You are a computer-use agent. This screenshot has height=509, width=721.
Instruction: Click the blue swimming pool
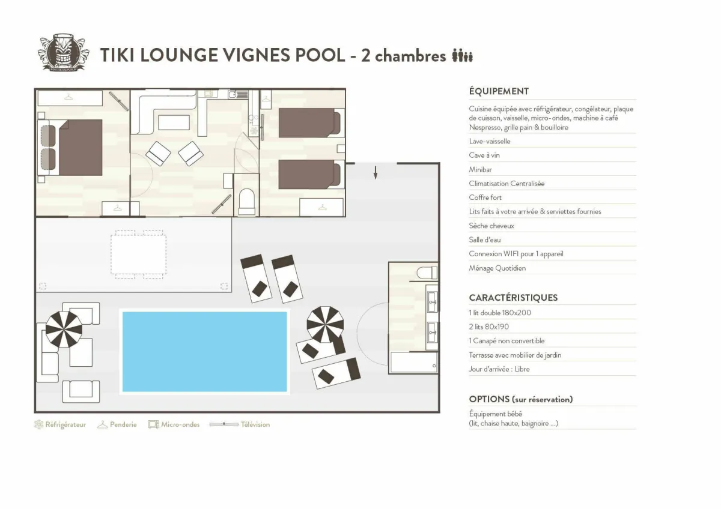pyautogui.click(x=204, y=351)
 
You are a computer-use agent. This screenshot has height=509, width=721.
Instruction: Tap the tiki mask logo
pyautogui.click(x=62, y=53)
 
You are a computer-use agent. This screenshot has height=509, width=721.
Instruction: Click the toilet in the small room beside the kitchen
pyautogui.click(x=247, y=200)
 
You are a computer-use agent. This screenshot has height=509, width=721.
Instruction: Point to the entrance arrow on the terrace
pyautogui.click(x=376, y=172)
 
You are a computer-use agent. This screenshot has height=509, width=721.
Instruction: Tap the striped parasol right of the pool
pyautogui.click(x=325, y=324)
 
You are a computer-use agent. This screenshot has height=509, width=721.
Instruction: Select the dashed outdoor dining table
pyautogui.click(x=139, y=254)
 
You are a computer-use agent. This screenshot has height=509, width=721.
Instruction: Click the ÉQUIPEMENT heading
pyautogui.click(x=499, y=91)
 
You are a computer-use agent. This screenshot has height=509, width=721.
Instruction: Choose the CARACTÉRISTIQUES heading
pyautogui.click(x=513, y=298)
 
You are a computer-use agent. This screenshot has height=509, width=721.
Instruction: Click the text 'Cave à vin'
pyautogui.click(x=484, y=155)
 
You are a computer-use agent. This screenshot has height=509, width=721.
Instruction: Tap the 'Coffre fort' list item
pyautogui.click(x=485, y=197)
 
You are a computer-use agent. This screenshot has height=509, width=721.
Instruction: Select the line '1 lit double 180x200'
pyautogui.click(x=500, y=313)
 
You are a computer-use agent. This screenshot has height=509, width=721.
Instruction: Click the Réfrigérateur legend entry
pyautogui.click(x=60, y=424)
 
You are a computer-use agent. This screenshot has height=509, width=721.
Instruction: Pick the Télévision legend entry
pyautogui.click(x=240, y=424)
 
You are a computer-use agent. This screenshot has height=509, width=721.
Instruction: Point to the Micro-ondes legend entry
pyautogui.click(x=174, y=424)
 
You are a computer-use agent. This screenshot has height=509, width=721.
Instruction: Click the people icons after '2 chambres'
pyautogui.click(x=463, y=56)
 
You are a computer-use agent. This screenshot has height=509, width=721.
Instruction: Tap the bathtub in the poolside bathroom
pyautogui.click(x=414, y=363)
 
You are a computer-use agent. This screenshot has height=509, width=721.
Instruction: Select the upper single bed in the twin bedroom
pyautogui.click(x=310, y=122)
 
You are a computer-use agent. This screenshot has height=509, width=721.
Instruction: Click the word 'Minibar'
pyautogui.click(x=481, y=170)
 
